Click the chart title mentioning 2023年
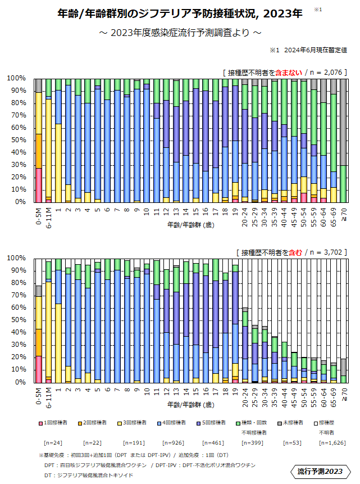point(180,12)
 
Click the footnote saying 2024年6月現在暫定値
point(308,50)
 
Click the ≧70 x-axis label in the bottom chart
point(344,394)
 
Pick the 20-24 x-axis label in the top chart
point(245,214)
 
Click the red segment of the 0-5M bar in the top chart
point(39,184)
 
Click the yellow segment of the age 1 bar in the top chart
point(58,162)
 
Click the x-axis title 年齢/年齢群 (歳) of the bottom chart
point(190,405)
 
